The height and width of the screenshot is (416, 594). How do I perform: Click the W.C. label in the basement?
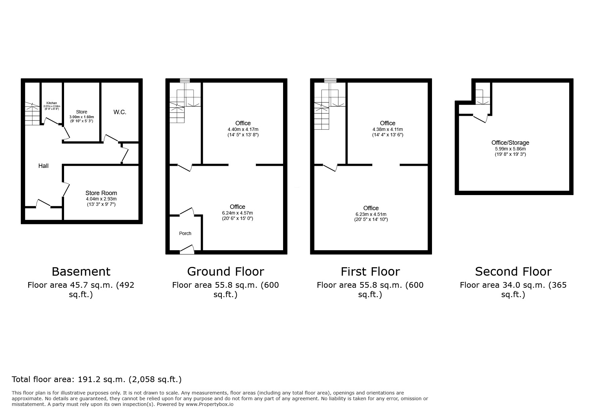(x=120, y=112)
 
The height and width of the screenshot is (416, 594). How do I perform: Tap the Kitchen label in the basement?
(x=52, y=103)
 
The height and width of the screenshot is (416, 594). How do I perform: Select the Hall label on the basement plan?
(x=43, y=166)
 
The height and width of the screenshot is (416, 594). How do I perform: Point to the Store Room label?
(x=101, y=193)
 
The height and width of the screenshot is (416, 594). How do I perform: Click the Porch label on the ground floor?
(x=185, y=233)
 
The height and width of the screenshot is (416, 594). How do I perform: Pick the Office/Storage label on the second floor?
(x=510, y=143)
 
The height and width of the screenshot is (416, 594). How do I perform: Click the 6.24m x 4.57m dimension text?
(x=237, y=213)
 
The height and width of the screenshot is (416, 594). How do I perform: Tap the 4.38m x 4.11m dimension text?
(x=387, y=129)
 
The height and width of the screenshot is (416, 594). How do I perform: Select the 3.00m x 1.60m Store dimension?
(x=82, y=117)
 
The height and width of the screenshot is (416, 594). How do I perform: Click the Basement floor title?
(x=81, y=271)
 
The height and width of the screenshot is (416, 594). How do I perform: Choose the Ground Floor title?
(x=225, y=271)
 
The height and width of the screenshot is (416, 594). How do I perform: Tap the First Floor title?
(x=370, y=271)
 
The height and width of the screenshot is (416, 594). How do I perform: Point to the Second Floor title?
(x=513, y=271)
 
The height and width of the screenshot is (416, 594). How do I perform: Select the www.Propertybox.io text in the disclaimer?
(x=210, y=404)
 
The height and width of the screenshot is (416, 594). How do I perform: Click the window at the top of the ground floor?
(x=185, y=81)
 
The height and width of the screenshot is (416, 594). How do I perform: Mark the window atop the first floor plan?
(x=330, y=81)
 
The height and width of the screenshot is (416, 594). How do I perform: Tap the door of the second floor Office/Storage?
(x=480, y=119)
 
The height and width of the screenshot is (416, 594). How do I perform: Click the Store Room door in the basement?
(x=66, y=190)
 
